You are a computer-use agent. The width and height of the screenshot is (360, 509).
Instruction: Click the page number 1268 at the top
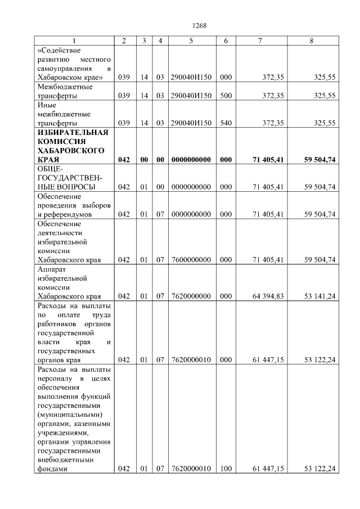point(200,25)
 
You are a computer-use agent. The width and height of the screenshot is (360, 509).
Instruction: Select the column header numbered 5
point(191,41)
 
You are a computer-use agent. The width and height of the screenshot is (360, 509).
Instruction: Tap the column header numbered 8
point(312,41)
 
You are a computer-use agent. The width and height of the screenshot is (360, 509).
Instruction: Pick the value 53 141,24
point(320,296)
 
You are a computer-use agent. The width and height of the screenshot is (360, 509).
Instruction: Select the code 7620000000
point(191,296)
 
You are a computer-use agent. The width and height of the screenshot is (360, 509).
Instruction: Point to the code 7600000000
point(191,260)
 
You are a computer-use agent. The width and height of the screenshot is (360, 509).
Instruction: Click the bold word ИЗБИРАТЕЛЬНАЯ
point(73,132)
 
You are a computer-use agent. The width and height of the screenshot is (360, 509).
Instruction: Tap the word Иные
point(46,105)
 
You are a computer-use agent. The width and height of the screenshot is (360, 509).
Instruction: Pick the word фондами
point(52,469)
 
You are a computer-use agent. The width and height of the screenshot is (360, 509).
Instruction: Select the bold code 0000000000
point(191,160)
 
